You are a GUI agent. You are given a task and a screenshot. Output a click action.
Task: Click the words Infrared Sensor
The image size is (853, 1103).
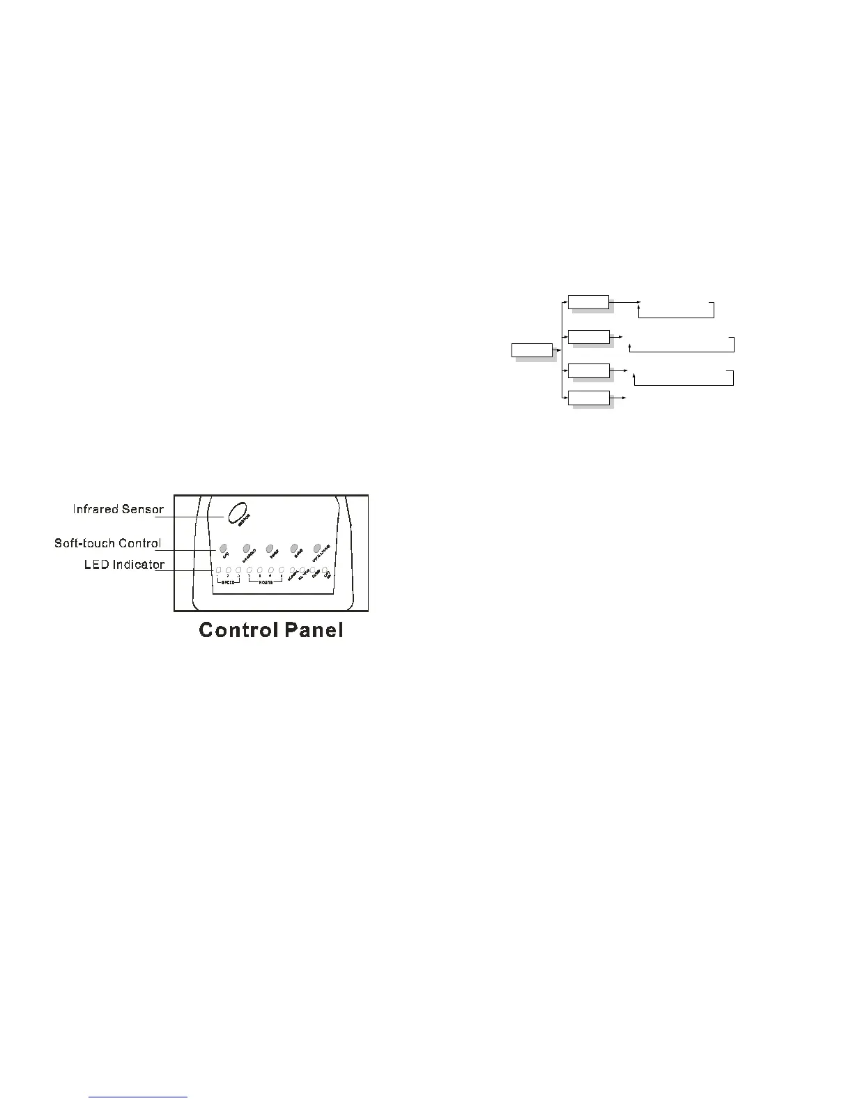coord(118,509)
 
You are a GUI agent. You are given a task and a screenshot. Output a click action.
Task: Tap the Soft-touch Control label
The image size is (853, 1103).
coord(108,543)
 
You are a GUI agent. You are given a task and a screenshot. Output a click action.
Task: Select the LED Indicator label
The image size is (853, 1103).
coord(125,564)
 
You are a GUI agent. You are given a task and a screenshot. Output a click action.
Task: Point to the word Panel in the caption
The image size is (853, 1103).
coord(314,630)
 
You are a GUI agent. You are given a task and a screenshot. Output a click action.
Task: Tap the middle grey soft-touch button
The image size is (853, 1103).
coord(270,547)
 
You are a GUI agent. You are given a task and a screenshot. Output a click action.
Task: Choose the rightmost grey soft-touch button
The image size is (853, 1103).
coord(318,547)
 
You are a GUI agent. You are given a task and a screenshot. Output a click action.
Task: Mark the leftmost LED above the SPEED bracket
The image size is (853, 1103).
coord(218,571)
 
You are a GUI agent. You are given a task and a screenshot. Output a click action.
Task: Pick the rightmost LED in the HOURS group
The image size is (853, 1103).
coord(282,571)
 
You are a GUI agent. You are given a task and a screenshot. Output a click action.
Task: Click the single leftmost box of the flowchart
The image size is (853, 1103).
coord(532,350)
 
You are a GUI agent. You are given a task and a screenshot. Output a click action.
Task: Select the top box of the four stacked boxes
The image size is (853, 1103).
coord(589,302)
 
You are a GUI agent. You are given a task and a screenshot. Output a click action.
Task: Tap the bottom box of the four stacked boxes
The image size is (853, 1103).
coord(589,398)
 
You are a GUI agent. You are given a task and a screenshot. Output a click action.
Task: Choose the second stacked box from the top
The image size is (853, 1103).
coord(589,337)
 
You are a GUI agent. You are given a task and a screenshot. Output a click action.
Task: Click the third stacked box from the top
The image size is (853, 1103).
coord(589,370)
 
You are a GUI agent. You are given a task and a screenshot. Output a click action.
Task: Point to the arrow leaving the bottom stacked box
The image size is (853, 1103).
coord(618,398)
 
